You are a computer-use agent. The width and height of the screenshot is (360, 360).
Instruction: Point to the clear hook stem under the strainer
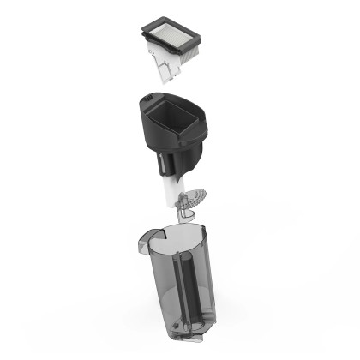click(183, 208)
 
